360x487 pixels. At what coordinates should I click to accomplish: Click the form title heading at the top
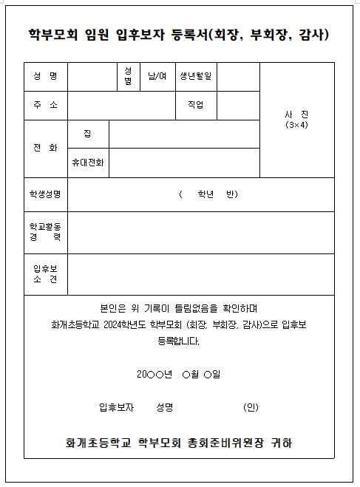pos(179,35)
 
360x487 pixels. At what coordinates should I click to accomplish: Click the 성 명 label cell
pos(45,76)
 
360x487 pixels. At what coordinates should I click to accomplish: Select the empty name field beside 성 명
pos(92,76)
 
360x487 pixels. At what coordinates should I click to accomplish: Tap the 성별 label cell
pos(128,76)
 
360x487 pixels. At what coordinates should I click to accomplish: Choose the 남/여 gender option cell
pos(157,76)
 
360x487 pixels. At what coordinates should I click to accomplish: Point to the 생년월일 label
pos(194,76)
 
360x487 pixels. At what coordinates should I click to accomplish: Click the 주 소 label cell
pos(45,105)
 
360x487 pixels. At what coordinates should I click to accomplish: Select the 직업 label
pos(195,105)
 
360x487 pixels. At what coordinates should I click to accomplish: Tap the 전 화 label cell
pos(45,148)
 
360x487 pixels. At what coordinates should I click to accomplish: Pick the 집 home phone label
pos(88,133)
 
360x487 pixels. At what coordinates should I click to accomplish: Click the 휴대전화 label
pos(88,163)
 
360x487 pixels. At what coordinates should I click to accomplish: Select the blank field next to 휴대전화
pos(184,163)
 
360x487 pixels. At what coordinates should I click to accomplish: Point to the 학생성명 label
pos(45,194)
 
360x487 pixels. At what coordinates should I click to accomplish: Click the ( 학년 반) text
pos(208,194)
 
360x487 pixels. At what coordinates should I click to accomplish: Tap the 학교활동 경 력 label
pos(45,231)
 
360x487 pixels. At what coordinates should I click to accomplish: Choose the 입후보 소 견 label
pos(45,273)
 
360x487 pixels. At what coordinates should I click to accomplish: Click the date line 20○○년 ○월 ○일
pos(178,375)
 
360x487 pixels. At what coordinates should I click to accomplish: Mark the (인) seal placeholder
pos(251,407)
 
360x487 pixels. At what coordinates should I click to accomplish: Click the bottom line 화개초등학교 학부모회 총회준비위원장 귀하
pos(179,443)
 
